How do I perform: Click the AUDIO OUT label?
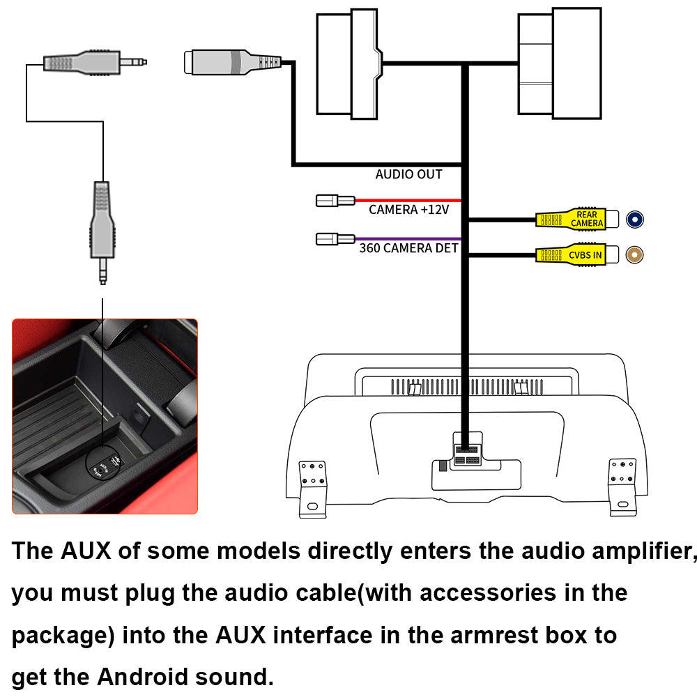coord(408,174)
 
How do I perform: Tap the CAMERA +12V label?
coord(409,209)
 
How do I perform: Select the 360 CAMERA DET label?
coord(408,247)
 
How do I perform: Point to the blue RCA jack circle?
coord(634,220)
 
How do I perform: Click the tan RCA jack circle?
coord(634,255)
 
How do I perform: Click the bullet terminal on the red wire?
coord(335,201)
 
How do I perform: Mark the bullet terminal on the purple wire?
coord(335,239)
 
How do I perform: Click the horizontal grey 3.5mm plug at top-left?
coord(94,61)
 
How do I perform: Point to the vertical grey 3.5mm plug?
coord(102,230)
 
